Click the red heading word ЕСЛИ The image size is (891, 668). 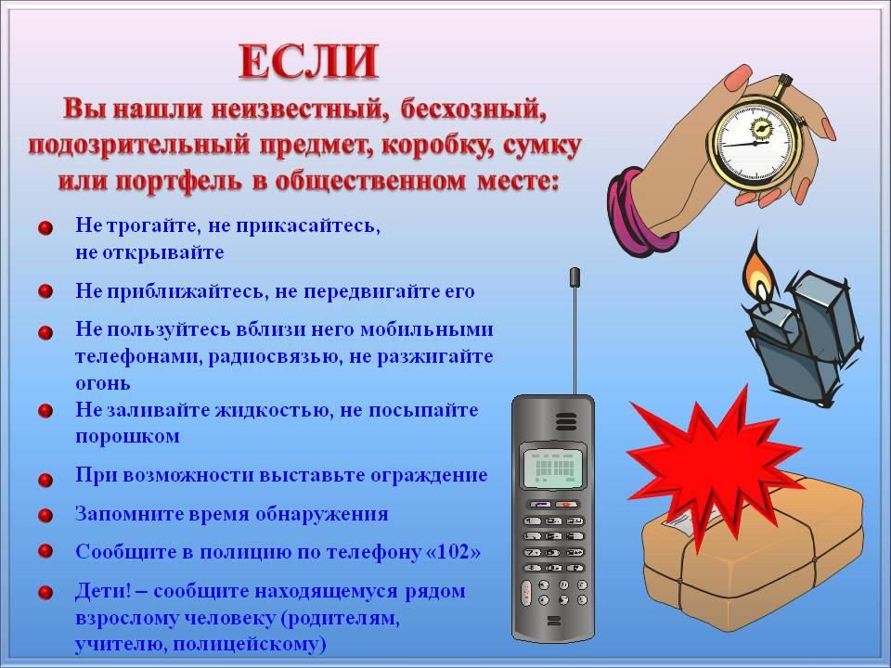(308, 61)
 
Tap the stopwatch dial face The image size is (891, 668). (755, 141)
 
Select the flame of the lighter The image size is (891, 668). (757, 272)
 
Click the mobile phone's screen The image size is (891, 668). (554, 468)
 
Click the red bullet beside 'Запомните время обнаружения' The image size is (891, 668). (45, 516)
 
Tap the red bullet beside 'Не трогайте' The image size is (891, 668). (45, 228)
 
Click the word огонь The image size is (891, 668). (103, 384)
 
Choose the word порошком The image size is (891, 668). (128, 437)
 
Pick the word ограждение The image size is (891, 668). (429, 475)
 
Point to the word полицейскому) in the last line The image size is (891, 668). (250, 645)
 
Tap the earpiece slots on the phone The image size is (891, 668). (566, 421)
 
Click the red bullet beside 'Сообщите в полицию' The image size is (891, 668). (45, 551)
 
